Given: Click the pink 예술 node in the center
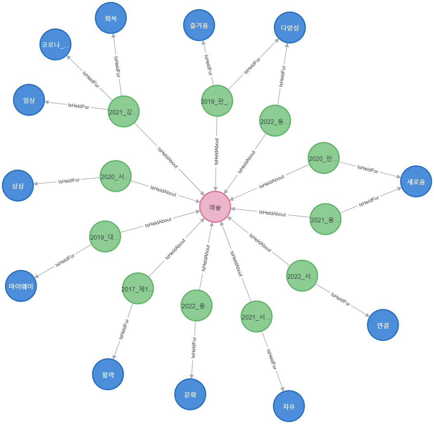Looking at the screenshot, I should pyautogui.click(x=215, y=207).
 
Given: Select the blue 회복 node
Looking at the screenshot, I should pyautogui.click(x=111, y=18).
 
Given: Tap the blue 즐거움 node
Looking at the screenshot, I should pyautogui.click(x=199, y=25).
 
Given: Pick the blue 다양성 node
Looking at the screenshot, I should pyautogui.click(x=290, y=28).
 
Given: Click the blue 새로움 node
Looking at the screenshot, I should pyautogui.click(x=416, y=182).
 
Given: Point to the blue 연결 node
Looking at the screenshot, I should pyautogui.click(x=383, y=325).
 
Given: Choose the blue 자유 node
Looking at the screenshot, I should pyautogui.click(x=289, y=406).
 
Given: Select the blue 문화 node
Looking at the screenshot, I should pyautogui.click(x=190, y=394).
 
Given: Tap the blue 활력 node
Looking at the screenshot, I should pyautogui.click(x=108, y=374).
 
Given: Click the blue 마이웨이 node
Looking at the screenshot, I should pyautogui.click(x=21, y=286).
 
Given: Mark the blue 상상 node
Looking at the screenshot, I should pyautogui.click(x=18, y=186).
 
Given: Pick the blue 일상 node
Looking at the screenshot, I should pyautogui.click(x=29, y=100).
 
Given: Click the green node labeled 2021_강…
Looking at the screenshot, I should pyautogui.click(x=124, y=112).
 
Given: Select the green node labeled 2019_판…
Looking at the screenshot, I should pyautogui.click(x=217, y=101).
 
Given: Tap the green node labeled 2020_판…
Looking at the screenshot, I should pyautogui.click(x=324, y=158).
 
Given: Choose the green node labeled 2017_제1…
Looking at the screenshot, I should pyautogui.click(x=138, y=289).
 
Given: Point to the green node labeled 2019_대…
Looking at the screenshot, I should pyautogui.click(x=105, y=236).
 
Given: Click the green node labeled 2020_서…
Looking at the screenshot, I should pyautogui.click(x=116, y=176).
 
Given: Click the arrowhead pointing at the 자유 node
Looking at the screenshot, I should pyautogui.click(x=282, y=388).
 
